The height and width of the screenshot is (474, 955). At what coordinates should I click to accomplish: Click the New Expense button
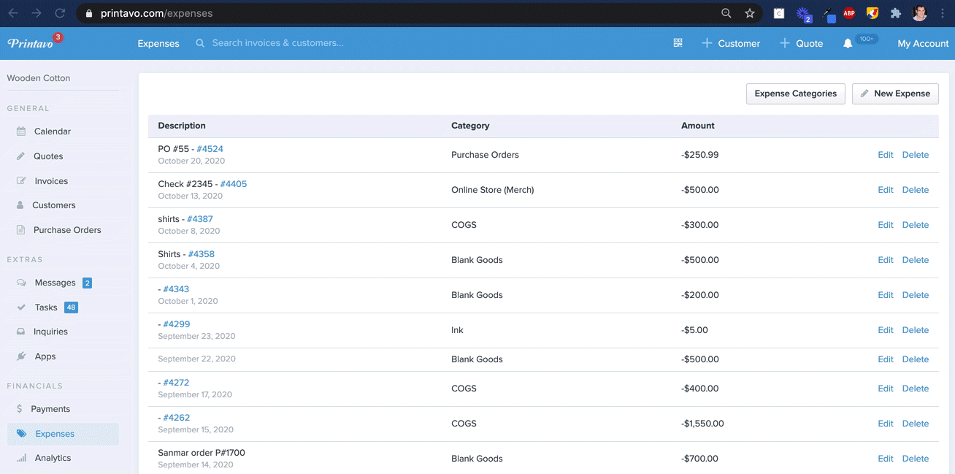(895, 93)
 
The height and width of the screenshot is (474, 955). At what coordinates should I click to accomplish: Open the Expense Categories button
(796, 93)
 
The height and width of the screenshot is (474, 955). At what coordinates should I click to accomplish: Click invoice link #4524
(210, 149)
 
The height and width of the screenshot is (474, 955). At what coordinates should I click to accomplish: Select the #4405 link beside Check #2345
(233, 184)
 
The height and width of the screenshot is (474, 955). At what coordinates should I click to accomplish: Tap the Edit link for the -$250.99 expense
(885, 155)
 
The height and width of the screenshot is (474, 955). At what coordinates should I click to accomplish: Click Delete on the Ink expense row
(915, 330)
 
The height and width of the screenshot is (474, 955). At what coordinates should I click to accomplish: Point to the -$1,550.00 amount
(702, 424)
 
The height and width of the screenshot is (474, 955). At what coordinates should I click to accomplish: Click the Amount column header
(697, 126)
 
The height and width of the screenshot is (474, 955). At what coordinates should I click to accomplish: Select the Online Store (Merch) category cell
(492, 190)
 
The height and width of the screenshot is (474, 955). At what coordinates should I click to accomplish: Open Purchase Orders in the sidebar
(67, 230)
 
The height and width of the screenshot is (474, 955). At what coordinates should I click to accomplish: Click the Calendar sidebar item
(52, 131)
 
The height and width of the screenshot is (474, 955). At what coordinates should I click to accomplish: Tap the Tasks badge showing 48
(71, 307)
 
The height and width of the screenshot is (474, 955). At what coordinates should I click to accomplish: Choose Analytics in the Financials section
(53, 458)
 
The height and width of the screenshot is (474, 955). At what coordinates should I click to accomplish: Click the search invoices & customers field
(277, 43)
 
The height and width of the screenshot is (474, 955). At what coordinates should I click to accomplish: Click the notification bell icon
(848, 44)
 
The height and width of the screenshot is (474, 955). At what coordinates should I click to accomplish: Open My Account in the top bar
(923, 44)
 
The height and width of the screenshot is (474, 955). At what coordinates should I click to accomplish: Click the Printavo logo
(30, 43)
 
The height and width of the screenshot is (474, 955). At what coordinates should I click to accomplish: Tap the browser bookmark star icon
(750, 13)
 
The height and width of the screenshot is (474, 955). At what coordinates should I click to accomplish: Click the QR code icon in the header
(678, 42)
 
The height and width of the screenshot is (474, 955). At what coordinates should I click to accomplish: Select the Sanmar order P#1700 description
(202, 453)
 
